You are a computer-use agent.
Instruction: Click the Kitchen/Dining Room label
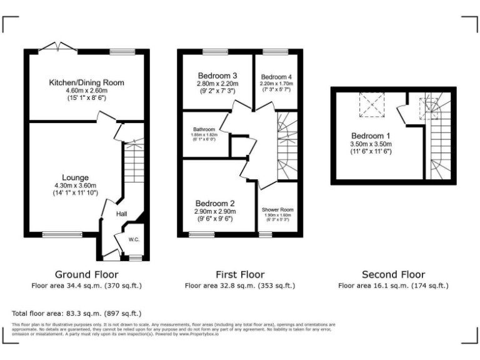[x=87, y=82]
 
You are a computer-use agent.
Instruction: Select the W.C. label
[x=134, y=239]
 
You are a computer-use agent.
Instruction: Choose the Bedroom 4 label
[x=276, y=77]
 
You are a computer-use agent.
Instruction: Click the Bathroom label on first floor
[x=204, y=129]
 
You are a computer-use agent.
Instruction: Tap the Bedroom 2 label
[x=214, y=204]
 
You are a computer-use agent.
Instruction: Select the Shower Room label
[x=278, y=210]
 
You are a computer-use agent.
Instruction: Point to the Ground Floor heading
[x=86, y=274]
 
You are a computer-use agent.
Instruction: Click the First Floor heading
[x=240, y=274]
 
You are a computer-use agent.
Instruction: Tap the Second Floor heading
[x=393, y=274]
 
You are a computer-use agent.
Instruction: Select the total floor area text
[x=77, y=313]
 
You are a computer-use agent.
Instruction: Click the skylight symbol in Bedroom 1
[x=371, y=104]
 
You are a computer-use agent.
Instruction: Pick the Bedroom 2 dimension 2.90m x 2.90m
[x=214, y=212]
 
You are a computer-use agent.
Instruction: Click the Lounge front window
[x=57, y=235]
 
